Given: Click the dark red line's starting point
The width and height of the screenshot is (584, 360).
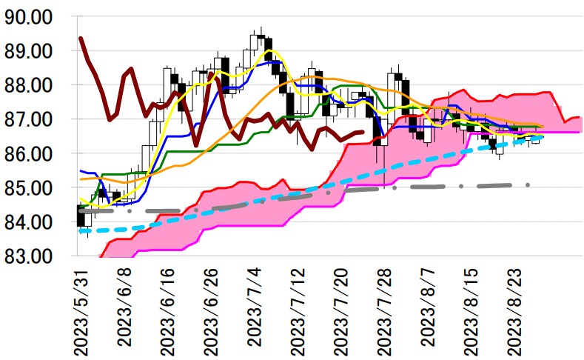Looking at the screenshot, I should (81, 38).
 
